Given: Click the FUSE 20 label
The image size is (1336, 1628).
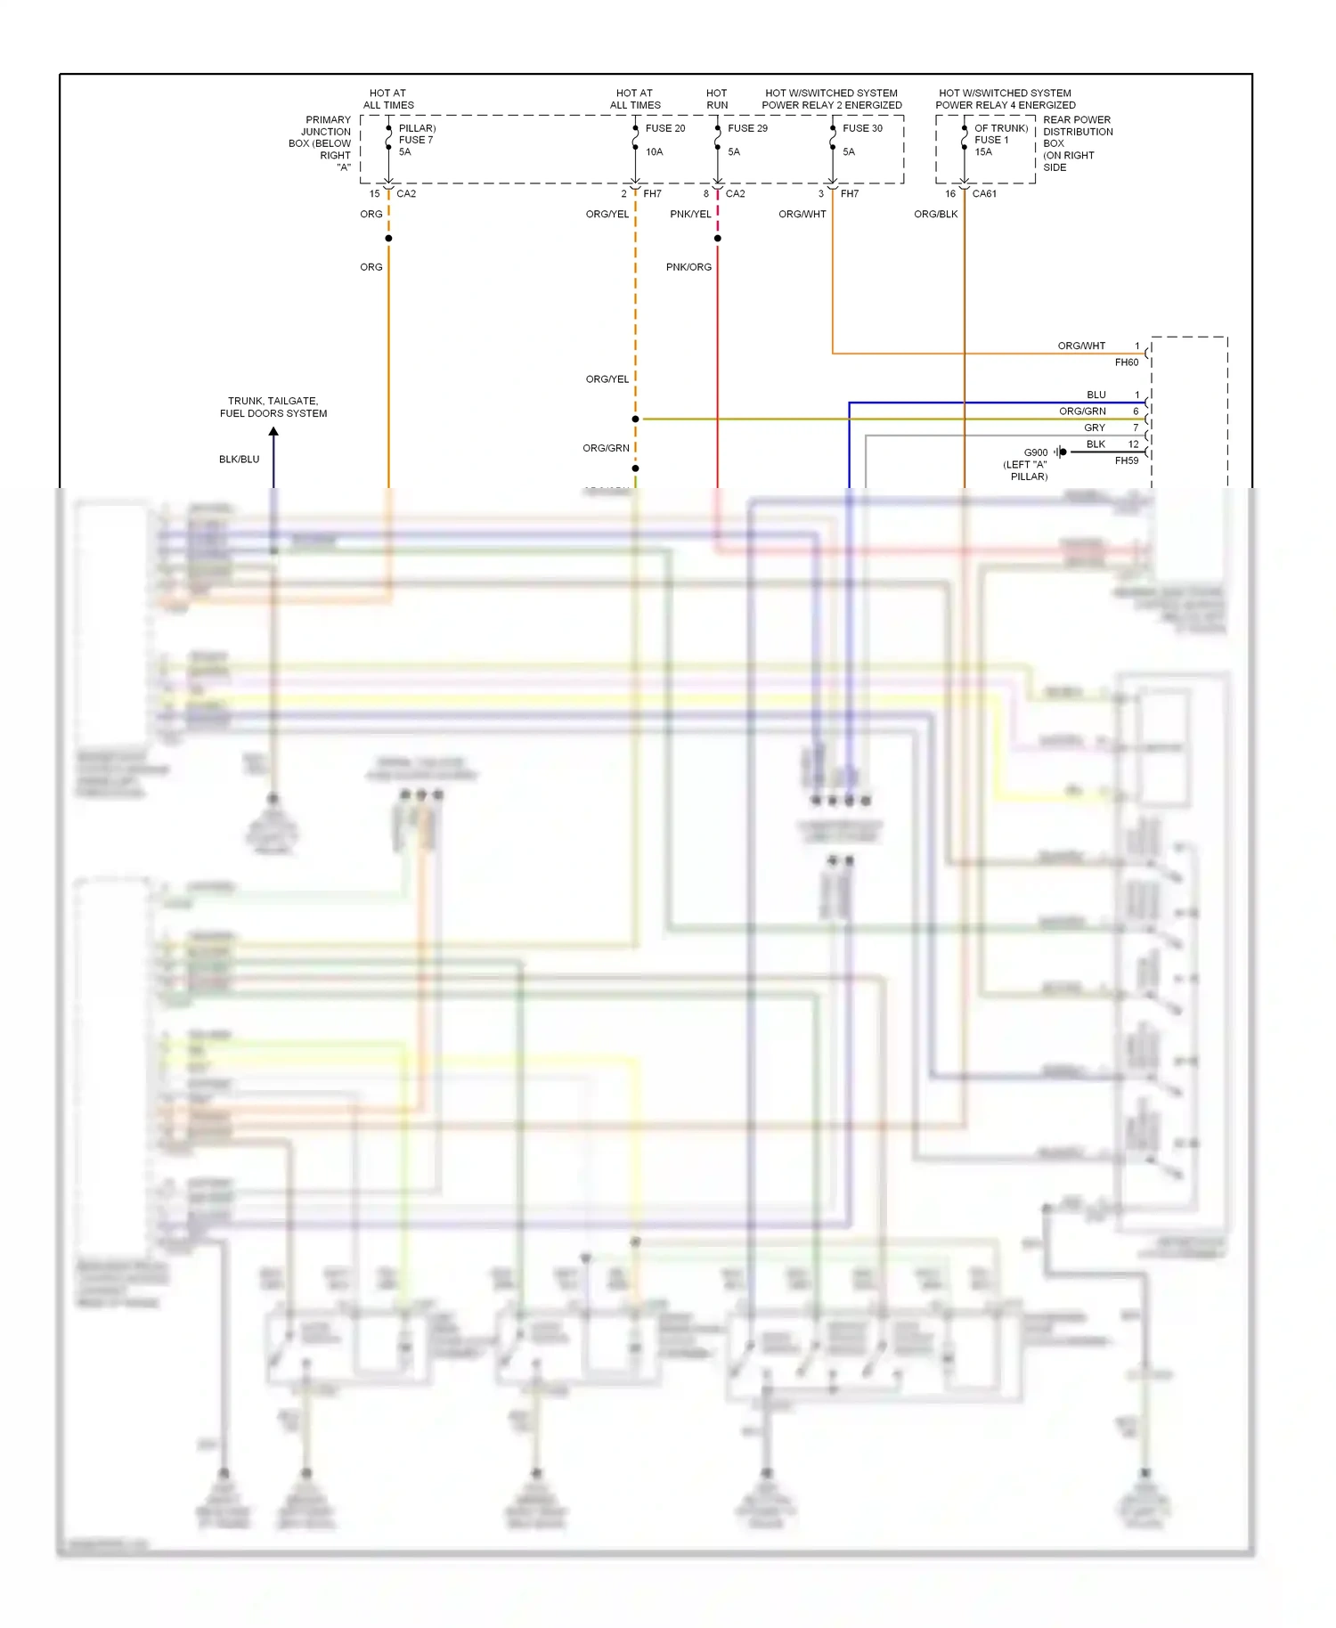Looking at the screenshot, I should pyautogui.click(x=664, y=128).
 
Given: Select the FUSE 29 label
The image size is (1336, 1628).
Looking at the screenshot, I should pyautogui.click(x=746, y=128).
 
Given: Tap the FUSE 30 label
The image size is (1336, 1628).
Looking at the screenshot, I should pyautogui.click(x=862, y=128).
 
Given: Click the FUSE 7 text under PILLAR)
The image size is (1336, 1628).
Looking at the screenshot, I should pyautogui.click(x=415, y=140).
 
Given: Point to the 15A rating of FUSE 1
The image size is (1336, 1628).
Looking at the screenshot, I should pyautogui.click(x=982, y=152).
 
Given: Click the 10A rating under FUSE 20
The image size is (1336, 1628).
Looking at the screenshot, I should pyautogui.click(x=654, y=152).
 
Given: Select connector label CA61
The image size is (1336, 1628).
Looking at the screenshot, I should pyautogui.click(x=984, y=194).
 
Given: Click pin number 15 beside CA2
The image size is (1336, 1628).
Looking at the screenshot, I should pyautogui.click(x=374, y=194).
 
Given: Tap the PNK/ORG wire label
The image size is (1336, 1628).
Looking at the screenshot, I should pyautogui.click(x=688, y=267).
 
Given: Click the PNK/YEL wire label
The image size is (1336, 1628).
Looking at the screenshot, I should pyautogui.click(x=690, y=215).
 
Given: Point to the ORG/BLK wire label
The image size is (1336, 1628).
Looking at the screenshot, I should pyautogui.click(x=935, y=215).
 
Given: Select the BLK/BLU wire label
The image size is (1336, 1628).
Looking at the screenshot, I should pyautogui.click(x=239, y=460).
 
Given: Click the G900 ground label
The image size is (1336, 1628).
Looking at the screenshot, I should pyautogui.click(x=1035, y=452).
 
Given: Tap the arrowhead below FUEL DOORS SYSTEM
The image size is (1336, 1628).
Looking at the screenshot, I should pyautogui.click(x=273, y=432).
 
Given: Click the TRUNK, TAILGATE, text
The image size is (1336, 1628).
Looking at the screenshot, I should pyautogui.click(x=273, y=402).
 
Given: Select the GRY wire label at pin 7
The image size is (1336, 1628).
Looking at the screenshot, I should pyautogui.click(x=1094, y=428).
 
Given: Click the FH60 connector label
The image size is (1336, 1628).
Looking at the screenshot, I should pyautogui.click(x=1126, y=362).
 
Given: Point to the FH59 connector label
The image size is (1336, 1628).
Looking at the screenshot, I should pyautogui.click(x=1126, y=461).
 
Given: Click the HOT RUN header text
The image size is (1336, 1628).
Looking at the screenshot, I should pyautogui.click(x=716, y=99).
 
